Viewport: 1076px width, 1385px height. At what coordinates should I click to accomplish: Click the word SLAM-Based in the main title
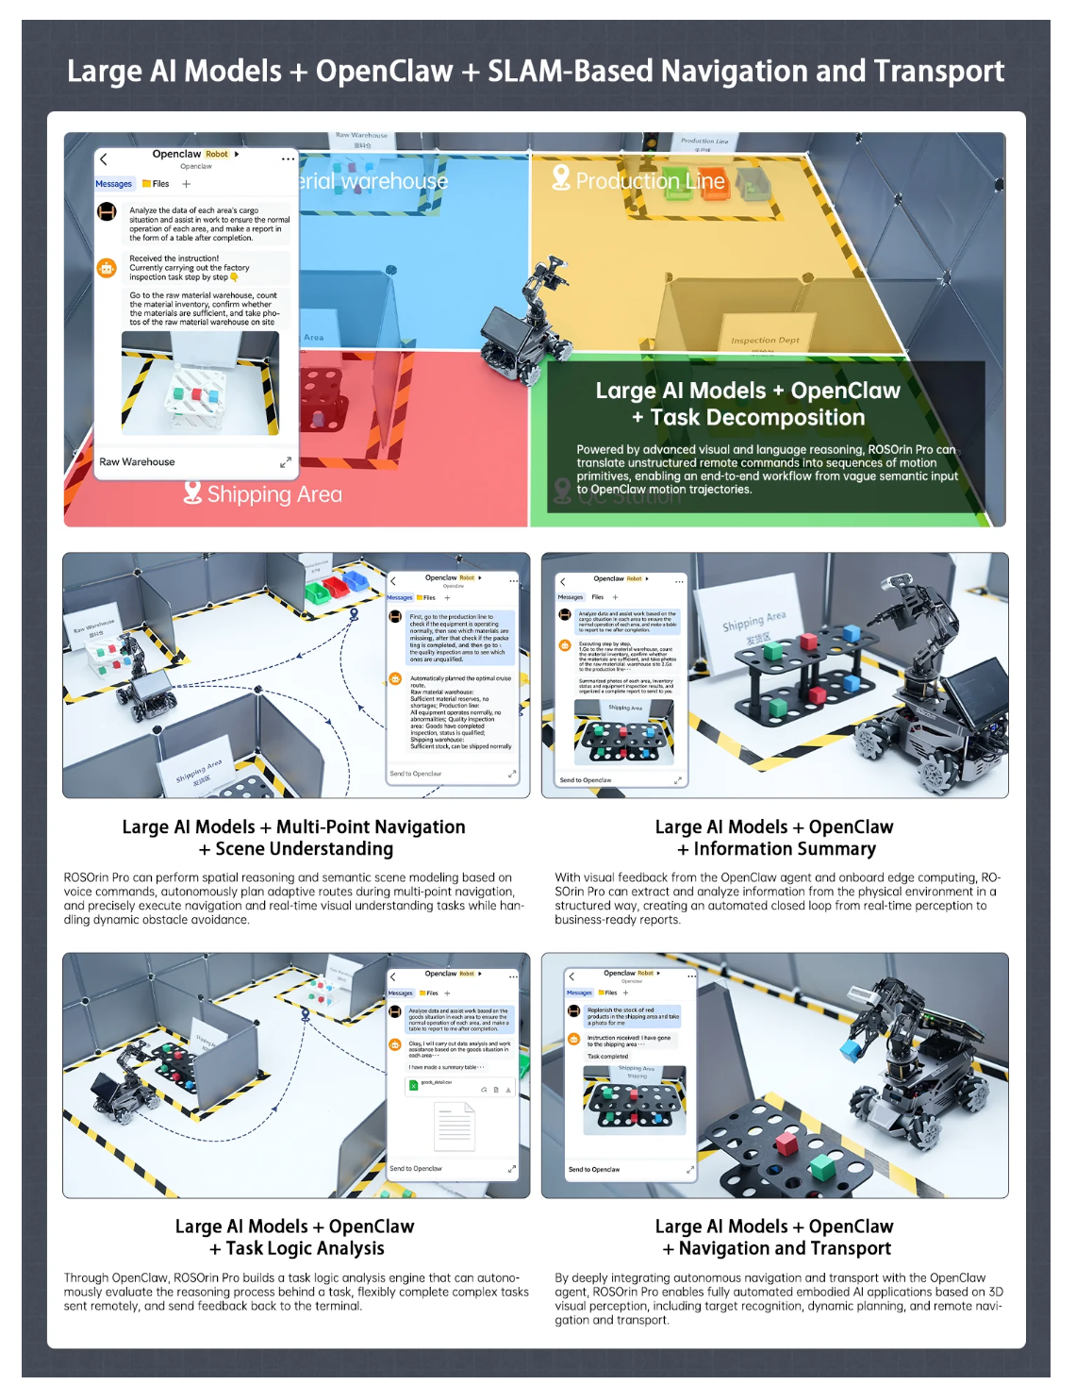pos(569,72)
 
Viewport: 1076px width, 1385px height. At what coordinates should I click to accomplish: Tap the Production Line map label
pos(650,181)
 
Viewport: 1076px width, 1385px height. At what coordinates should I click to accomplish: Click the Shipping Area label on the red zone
pos(273,494)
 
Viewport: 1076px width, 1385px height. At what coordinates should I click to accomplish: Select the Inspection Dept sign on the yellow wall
pos(765,341)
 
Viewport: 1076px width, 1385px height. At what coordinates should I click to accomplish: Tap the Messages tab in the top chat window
pos(114,184)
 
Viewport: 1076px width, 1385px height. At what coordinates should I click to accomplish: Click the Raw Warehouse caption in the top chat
pos(138,462)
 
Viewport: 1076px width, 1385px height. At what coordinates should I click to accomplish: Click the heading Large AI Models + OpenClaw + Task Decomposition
pos(747,404)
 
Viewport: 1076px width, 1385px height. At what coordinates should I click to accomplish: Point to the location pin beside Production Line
pos(561,177)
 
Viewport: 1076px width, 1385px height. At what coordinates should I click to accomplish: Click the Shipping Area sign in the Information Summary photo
pos(753,624)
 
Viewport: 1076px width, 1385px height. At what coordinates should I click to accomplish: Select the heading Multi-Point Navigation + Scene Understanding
pos(294,838)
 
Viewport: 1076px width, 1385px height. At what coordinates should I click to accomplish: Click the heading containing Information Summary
pos(775,838)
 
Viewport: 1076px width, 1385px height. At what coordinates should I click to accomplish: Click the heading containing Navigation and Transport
pos(775,1237)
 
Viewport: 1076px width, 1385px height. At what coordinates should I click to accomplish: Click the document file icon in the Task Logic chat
pos(454,1126)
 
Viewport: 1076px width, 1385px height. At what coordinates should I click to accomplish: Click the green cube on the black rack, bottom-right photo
pos(823,1167)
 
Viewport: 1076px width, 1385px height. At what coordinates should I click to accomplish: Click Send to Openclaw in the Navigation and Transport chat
pos(594,1170)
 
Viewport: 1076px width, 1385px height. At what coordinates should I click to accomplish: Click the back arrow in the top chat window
pos(105,159)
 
